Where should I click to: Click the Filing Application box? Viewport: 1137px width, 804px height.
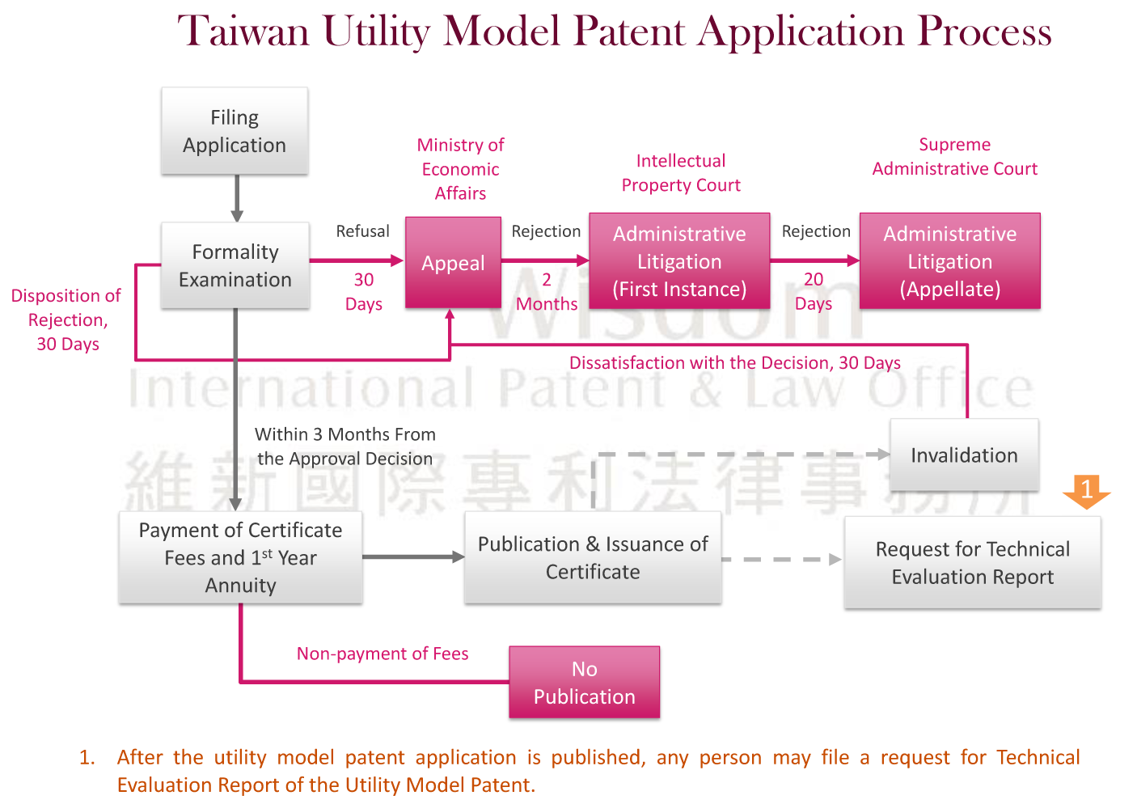[x=235, y=131]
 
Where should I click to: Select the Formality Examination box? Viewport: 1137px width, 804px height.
[x=235, y=265]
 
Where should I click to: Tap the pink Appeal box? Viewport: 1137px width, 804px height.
[x=453, y=262]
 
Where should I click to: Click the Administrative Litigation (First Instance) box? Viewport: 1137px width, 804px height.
[x=679, y=261]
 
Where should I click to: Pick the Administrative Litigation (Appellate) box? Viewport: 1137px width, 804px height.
[x=949, y=261]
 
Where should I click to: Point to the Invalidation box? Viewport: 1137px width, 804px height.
[x=964, y=455]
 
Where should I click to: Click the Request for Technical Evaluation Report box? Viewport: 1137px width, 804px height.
[x=972, y=563]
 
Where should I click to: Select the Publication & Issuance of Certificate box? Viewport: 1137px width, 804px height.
[x=593, y=558]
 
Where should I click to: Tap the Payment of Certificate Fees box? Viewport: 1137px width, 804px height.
[x=240, y=557]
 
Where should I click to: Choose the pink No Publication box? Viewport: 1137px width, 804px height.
[x=584, y=683]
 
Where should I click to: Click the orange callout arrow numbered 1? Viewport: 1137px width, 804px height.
[x=1086, y=490]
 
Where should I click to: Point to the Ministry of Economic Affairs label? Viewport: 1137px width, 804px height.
[x=460, y=169]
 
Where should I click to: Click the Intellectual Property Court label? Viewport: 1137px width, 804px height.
[x=681, y=173]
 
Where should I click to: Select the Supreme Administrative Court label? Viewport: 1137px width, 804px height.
[x=954, y=157]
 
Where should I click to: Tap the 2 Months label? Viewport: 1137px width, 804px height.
[x=547, y=292]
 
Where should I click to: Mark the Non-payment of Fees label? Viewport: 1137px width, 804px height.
[x=383, y=654]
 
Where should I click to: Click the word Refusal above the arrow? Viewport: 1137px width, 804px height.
[x=362, y=231]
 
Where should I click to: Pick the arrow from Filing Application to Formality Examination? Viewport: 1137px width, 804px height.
[x=237, y=198]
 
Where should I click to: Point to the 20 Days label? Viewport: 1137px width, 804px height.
[x=814, y=292]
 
